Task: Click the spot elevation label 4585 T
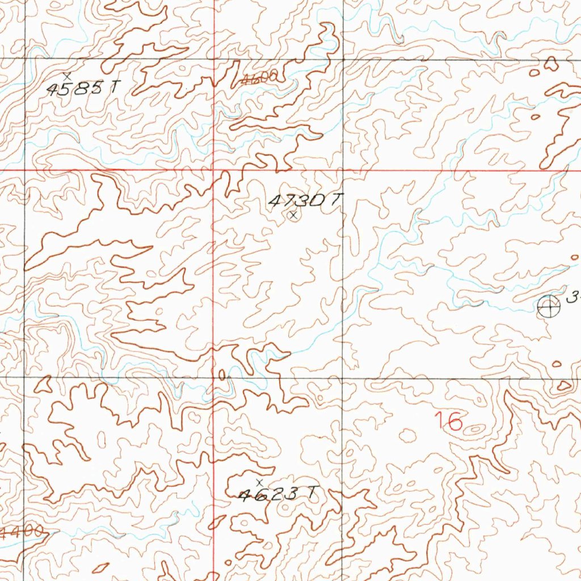point(83,89)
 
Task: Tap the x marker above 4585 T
point(68,75)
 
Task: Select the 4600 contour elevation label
point(259,80)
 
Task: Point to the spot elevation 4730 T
point(306,200)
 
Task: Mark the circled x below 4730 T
point(293,215)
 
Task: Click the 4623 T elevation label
point(276,495)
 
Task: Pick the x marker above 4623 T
point(260,482)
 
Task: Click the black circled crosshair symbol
point(548,306)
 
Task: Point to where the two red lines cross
point(213,169)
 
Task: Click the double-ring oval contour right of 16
point(475,430)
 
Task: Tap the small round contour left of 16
point(407,435)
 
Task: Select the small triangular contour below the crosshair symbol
point(563,386)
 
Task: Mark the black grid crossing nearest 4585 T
point(24,58)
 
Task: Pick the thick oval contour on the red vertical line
point(221,374)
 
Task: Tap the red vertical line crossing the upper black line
point(213,58)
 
